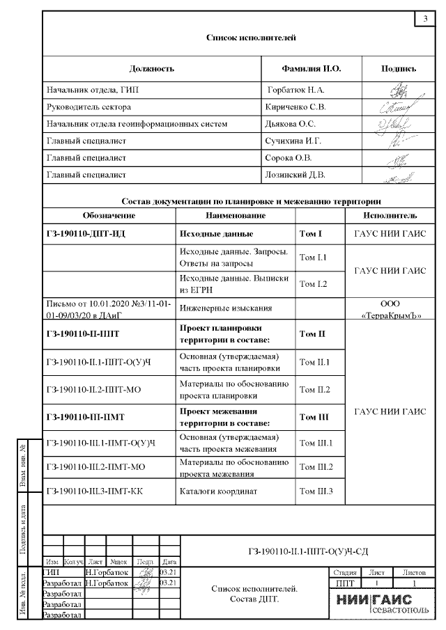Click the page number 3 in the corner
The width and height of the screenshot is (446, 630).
pyautogui.click(x=425, y=18)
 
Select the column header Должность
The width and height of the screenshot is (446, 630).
pyautogui.click(x=151, y=69)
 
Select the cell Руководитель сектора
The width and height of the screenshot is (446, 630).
pyautogui.click(x=89, y=107)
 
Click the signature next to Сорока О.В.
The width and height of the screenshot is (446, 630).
pyautogui.click(x=396, y=159)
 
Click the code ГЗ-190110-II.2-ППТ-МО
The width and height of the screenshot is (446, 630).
pyautogui.click(x=94, y=390)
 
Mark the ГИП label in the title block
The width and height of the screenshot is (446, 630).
pyautogui.click(x=52, y=572)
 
